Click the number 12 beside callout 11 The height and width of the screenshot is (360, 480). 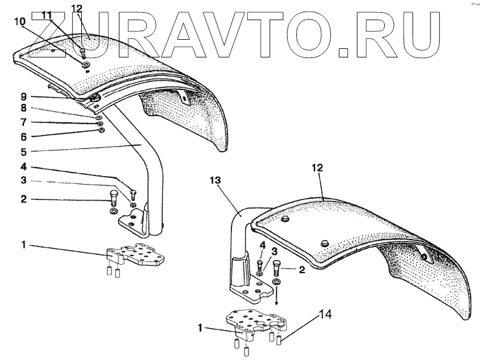[x=76, y=9]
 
